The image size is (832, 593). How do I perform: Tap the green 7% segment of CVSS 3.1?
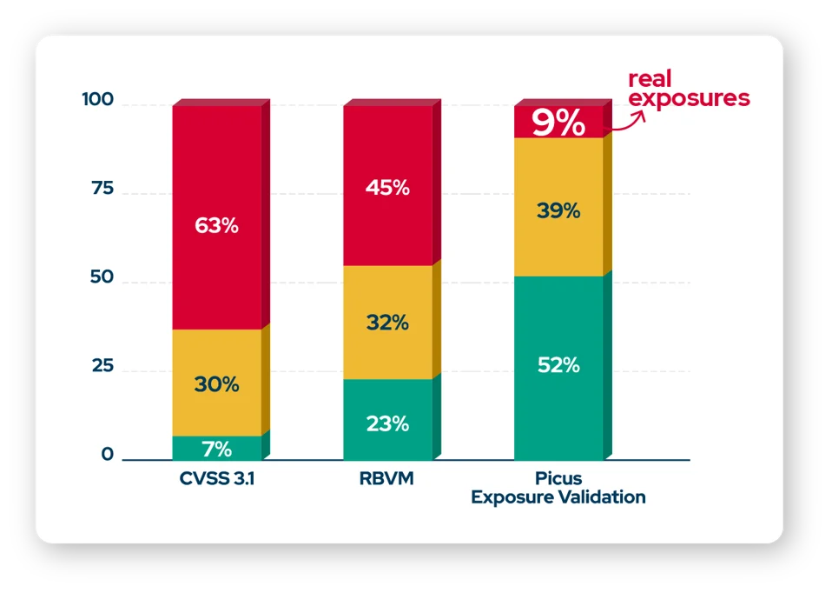(x=217, y=449)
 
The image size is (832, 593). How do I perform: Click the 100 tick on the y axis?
(x=97, y=100)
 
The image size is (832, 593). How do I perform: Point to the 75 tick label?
(x=102, y=189)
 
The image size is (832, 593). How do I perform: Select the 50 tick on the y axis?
(x=102, y=278)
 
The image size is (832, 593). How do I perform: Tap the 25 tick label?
(x=102, y=366)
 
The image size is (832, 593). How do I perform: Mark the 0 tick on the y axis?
(x=108, y=455)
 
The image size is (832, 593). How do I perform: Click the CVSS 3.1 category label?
(x=217, y=478)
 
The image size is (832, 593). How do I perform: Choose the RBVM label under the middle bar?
(x=387, y=478)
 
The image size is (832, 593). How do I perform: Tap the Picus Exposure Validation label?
(x=558, y=488)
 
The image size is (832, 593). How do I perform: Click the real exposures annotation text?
(x=688, y=89)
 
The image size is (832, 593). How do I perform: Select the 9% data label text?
(x=558, y=123)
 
